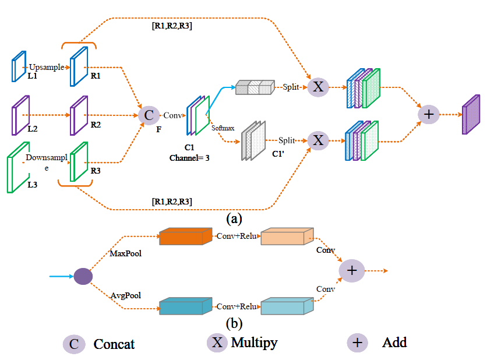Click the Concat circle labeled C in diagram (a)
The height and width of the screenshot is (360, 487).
point(149,115)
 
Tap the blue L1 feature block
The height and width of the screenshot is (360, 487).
point(19,66)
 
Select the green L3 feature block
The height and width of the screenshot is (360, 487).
point(18,167)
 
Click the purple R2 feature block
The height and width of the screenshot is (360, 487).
point(79,115)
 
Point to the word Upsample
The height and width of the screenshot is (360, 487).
point(47,67)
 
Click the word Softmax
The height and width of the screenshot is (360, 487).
point(223,128)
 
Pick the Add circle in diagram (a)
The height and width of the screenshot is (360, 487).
point(429,114)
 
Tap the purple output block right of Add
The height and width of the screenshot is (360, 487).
point(471,115)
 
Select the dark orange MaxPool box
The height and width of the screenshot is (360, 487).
point(186,237)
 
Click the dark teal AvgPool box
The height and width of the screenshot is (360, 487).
point(186,306)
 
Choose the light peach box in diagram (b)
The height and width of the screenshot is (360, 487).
point(287,237)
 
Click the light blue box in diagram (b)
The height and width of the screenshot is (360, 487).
point(287,306)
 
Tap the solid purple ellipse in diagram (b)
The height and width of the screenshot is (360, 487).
point(83,276)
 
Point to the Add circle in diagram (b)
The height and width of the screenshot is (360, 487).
point(352,270)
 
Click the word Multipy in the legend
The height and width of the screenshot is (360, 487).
point(254,343)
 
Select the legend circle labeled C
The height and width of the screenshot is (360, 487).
point(74,344)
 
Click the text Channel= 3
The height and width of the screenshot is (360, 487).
point(189,158)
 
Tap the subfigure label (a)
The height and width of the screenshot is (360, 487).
point(234,218)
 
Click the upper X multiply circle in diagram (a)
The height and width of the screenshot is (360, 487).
point(318,87)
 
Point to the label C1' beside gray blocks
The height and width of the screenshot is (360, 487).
point(278,154)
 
